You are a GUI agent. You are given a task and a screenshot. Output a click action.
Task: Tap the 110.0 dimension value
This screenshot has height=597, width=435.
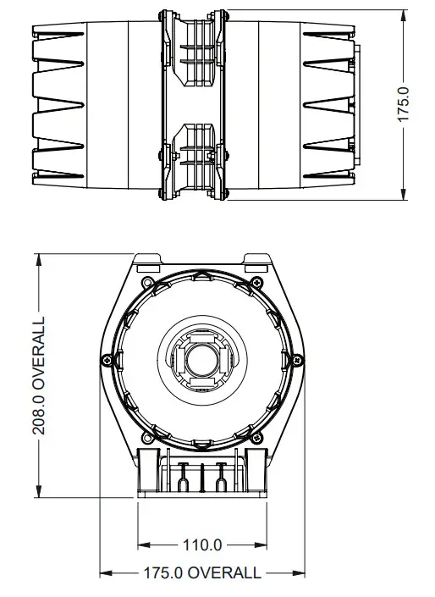click(x=202, y=544)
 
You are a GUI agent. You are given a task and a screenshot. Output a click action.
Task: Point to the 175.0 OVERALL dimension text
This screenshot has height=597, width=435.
click(x=202, y=573)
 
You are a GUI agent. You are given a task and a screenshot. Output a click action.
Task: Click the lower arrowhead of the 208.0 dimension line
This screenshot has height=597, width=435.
click(x=40, y=495)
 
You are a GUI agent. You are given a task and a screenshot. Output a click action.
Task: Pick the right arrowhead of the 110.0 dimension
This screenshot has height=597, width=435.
click(x=262, y=544)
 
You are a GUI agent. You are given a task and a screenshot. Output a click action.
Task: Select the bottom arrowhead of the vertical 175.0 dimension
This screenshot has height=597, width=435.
click(x=404, y=196)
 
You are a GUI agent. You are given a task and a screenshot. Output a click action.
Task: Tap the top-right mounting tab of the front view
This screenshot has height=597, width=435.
click(x=255, y=258)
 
